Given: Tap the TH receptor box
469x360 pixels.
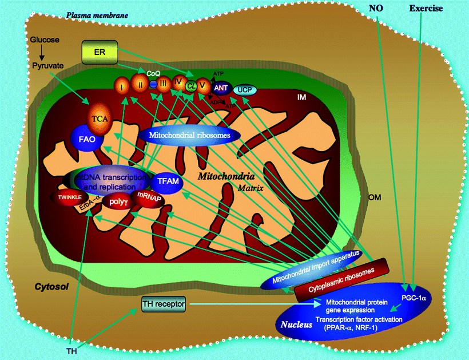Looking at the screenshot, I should pos(164,304).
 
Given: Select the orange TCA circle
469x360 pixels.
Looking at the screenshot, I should pos(98,118).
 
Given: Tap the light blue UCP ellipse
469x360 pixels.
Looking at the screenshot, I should pos(245,89).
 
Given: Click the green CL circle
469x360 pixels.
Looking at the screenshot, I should pos(192,86).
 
